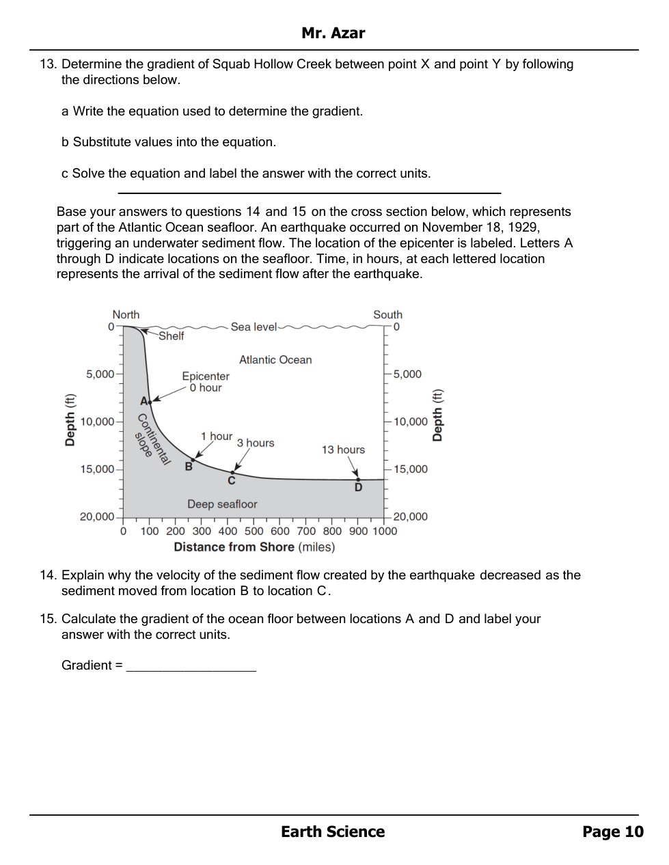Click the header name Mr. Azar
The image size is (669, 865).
pos(333,33)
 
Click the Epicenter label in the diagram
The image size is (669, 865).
pos(205,376)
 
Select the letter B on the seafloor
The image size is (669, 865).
pos(189,467)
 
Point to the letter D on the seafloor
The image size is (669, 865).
pos(358,488)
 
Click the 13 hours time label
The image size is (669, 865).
pos(343,450)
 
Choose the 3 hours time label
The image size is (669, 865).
pos(256,443)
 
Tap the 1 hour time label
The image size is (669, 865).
pos(216,436)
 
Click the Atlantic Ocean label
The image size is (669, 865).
pos(275,360)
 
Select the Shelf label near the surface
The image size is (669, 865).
pos(171,336)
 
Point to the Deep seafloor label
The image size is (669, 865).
pos(222,504)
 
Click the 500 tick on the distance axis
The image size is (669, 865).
pos(254,531)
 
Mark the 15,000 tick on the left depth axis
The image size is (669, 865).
pos(97,469)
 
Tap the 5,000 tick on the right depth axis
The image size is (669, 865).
pos(407,374)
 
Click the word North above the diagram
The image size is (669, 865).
pos(126,315)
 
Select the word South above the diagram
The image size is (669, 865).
pos(387,315)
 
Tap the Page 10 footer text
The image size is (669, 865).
pos(612,832)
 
